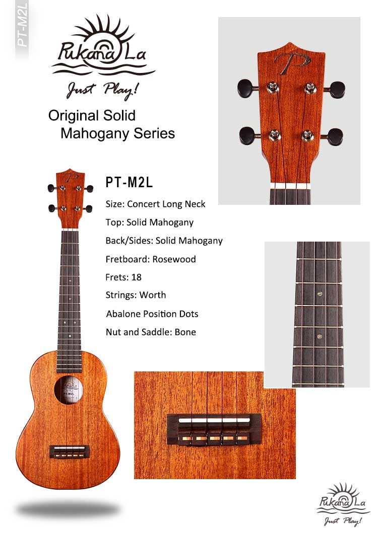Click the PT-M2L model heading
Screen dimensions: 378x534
[x=129, y=182]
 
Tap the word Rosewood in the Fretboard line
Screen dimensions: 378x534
[x=174, y=259]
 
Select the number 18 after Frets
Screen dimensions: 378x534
[x=136, y=277]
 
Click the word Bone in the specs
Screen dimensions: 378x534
[x=185, y=332]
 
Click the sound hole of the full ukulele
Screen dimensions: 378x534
[x=69, y=390]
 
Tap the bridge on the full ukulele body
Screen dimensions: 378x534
[x=70, y=451]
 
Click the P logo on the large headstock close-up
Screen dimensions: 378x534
[x=292, y=63]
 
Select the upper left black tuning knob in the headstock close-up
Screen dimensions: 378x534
[x=245, y=88]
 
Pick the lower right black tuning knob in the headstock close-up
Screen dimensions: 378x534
[x=335, y=136]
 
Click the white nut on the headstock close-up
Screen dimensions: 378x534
[x=290, y=186]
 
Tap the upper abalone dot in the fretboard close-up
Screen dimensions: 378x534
[x=320, y=293]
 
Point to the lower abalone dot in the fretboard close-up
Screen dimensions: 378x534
[x=320, y=337]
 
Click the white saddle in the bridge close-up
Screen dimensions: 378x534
[x=215, y=421]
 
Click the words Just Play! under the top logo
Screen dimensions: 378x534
[x=103, y=90]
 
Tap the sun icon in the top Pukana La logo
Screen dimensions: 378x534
[x=101, y=37]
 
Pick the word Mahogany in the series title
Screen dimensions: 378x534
[x=96, y=133]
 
